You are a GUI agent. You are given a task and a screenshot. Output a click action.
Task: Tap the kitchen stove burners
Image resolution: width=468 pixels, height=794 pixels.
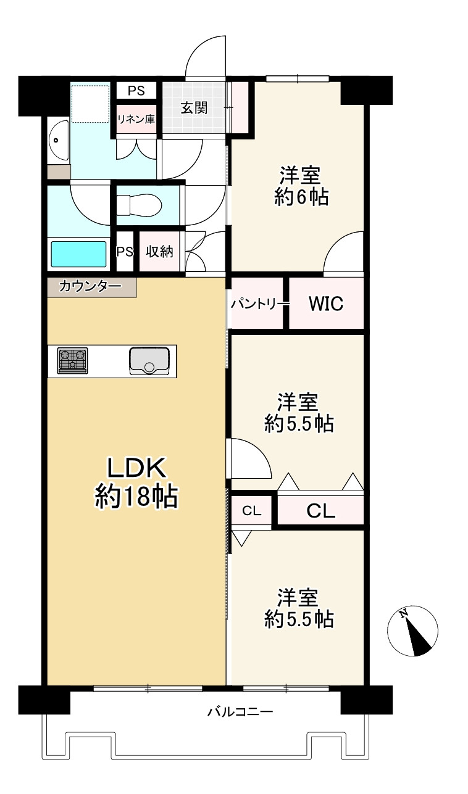click(73, 361)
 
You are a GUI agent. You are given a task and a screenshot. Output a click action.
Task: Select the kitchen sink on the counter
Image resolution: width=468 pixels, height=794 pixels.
click(149, 360)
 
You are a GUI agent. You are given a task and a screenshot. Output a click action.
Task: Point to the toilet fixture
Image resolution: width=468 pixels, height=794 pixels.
click(138, 204)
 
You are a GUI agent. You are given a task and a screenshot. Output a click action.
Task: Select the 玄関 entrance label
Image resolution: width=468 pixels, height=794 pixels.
click(193, 107)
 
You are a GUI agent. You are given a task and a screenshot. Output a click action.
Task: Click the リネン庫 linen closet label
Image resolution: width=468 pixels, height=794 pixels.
click(136, 119)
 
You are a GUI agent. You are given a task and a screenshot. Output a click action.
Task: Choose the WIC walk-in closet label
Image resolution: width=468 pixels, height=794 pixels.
click(325, 304)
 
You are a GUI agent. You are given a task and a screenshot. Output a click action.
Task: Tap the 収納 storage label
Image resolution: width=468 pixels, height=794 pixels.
click(159, 252)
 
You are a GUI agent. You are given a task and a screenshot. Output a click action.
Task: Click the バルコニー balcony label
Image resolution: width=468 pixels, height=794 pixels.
click(240, 712)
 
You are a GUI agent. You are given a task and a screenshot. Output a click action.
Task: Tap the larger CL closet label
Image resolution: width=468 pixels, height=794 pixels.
click(320, 511)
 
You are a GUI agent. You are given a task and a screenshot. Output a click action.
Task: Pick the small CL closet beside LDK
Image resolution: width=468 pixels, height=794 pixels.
click(251, 510)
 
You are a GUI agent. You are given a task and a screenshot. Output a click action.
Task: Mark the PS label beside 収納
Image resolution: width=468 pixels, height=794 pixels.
click(125, 252)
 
